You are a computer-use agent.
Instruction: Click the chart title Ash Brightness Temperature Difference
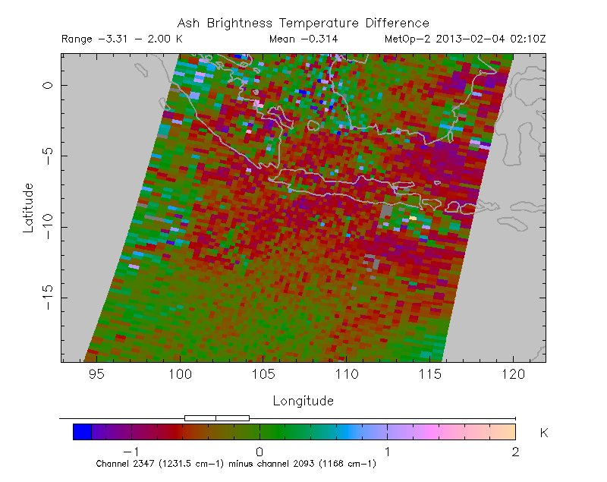click(303, 24)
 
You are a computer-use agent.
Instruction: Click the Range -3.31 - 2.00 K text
click(121, 39)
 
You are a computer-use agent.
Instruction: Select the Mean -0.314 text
click(303, 39)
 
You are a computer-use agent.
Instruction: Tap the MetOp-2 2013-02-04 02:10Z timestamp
click(465, 39)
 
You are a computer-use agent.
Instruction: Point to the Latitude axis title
click(28, 207)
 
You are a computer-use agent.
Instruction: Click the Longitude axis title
click(303, 400)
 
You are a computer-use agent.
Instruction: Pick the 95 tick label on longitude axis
click(96, 374)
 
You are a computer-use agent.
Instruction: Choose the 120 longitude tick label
click(514, 374)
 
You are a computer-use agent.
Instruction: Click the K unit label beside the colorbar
click(544, 433)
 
